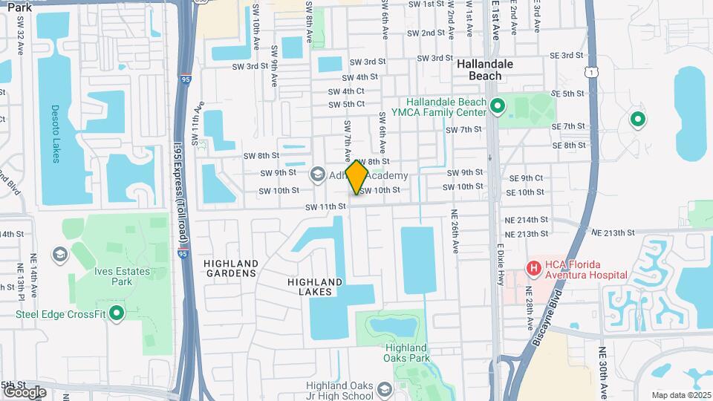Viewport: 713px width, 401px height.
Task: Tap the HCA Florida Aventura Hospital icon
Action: pos(533,267)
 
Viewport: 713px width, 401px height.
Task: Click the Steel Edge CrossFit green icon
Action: pos(116,314)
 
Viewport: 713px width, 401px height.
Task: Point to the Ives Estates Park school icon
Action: pos(59,255)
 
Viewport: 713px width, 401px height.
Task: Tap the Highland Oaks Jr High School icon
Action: pos(385,389)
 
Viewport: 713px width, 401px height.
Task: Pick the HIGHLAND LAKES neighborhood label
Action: pos(316,287)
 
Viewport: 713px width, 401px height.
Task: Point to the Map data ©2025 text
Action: pos(680,395)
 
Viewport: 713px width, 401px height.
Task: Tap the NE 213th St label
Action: pos(616,232)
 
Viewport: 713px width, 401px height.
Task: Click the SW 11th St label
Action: pos(325,206)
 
